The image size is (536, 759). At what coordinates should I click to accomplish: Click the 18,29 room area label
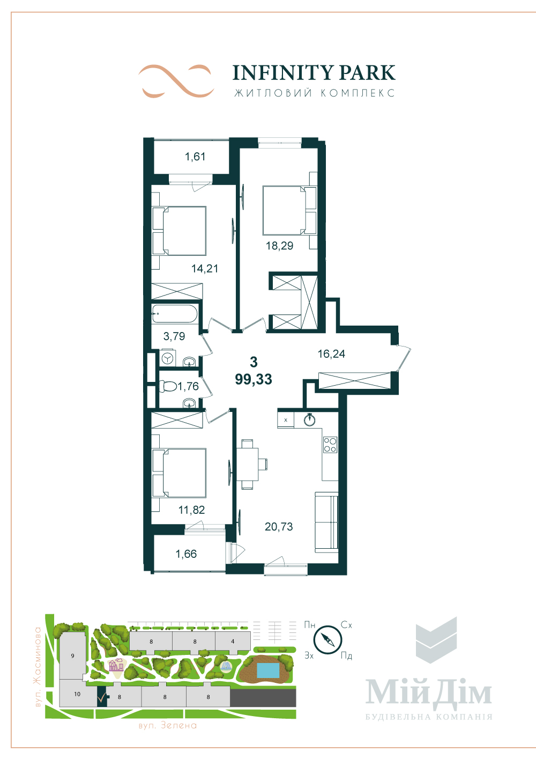279,246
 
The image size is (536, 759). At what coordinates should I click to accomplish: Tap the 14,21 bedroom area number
205,269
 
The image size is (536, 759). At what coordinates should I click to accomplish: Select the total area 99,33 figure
254,379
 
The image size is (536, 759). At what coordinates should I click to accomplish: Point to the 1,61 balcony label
195,157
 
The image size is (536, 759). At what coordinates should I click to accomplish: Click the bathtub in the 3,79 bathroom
174,314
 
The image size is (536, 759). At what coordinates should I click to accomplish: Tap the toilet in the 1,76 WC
168,386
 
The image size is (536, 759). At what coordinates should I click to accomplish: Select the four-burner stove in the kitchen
330,445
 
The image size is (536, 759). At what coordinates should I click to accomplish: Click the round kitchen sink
309,420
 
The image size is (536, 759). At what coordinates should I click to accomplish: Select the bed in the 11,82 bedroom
179,473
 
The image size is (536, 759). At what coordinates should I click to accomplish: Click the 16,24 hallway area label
331,353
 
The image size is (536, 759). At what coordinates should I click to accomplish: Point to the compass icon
327,638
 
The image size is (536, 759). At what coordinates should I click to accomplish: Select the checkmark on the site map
101,697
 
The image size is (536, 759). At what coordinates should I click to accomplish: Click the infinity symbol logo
176,80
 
